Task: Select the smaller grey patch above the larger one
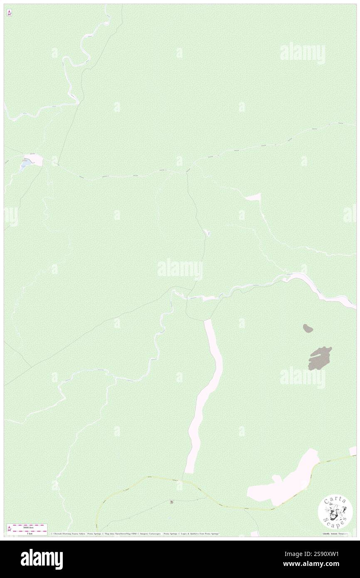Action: (308, 329)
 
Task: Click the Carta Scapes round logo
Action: (335, 512)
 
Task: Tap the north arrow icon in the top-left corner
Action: (9, 13)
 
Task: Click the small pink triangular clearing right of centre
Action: (254, 198)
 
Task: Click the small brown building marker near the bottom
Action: (172, 502)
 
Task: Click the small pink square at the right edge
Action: (353, 451)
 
